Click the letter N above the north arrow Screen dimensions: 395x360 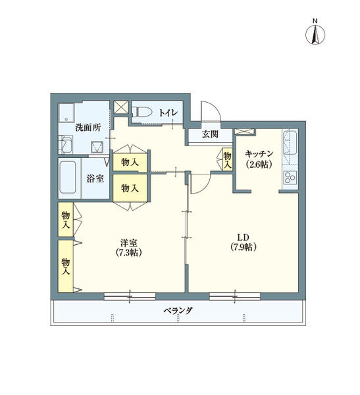tap(315, 21)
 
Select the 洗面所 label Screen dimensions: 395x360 tap(88, 128)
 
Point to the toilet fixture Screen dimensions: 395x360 tap(143, 112)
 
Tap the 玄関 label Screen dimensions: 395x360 tap(210, 135)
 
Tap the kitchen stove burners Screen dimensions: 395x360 tap(290, 177)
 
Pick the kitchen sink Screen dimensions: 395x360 tap(290, 140)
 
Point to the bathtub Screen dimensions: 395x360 tap(69, 178)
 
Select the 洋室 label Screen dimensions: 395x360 tap(128, 242)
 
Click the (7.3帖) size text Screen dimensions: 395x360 tap(128, 252)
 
